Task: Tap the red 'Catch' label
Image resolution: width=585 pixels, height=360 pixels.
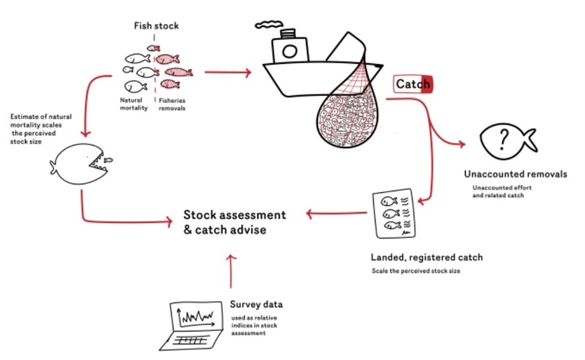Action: [x=413, y=84]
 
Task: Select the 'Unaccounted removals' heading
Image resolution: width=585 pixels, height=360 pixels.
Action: [x=515, y=175]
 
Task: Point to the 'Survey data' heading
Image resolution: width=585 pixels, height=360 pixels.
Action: [x=255, y=304]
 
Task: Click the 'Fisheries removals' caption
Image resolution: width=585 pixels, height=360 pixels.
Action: [x=172, y=103]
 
